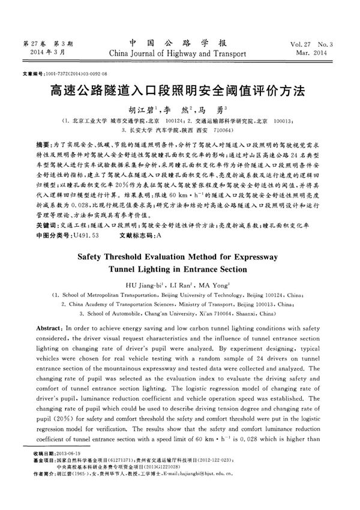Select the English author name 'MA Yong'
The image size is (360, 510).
pos(212,286)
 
